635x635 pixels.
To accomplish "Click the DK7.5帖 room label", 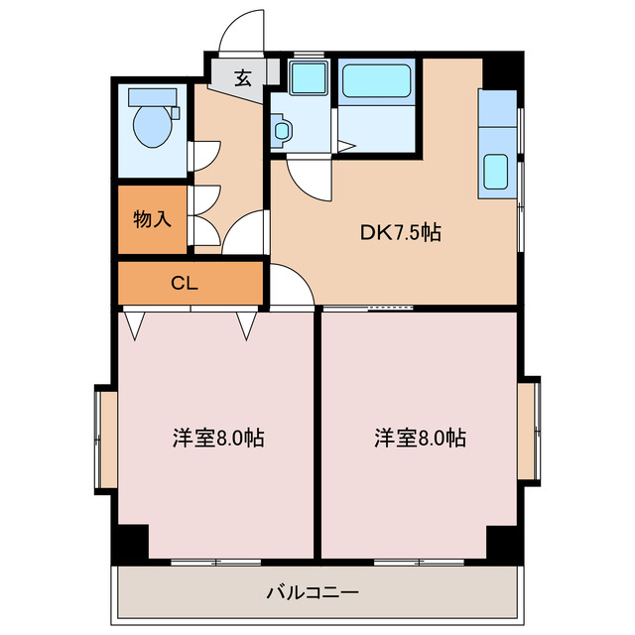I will (x=400, y=233).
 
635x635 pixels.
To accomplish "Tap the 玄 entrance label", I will (x=242, y=76).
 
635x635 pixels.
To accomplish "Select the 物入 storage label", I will (x=152, y=218).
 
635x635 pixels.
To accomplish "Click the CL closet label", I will (x=185, y=283).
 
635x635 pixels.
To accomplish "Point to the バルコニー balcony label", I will (x=313, y=593).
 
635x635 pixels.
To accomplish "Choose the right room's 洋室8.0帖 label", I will (x=420, y=437).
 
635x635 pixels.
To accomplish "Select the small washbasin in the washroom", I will (x=283, y=130).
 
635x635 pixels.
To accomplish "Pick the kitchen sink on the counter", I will (x=496, y=172).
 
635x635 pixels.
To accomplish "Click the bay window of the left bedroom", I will (x=106, y=438).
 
